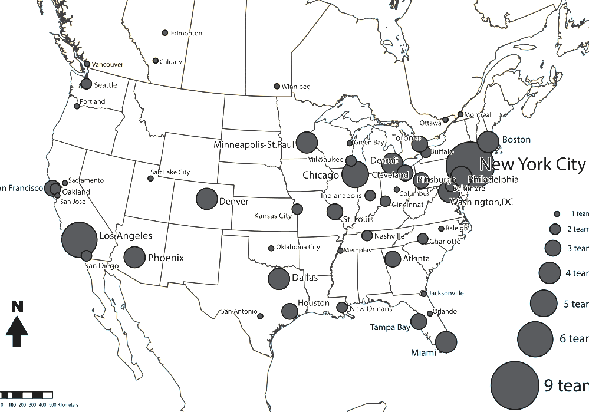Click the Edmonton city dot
coord(165,33)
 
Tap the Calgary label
coord(171,62)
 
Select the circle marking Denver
coord(206,199)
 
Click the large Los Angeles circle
coord(79,239)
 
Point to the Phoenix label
coord(166,258)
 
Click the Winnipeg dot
coord(277,86)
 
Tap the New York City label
coord(532,164)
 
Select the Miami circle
coord(446,342)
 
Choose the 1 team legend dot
coord(557,213)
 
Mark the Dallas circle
coord(279,279)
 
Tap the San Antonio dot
coord(260,316)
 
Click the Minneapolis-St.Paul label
coord(254,145)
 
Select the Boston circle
coord(488,142)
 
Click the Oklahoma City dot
coord(271,248)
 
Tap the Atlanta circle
coord(393,259)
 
